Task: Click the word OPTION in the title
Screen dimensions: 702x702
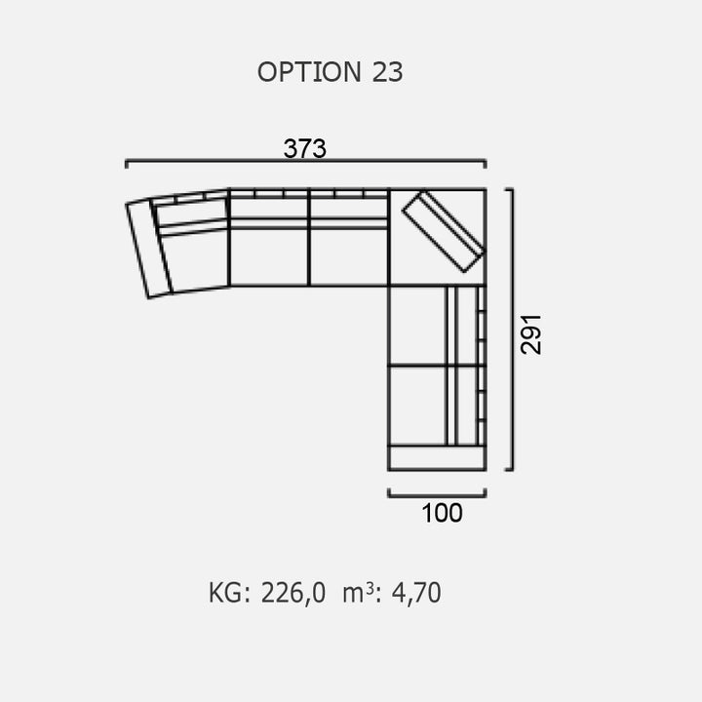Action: pyautogui.click(x=309, y=72)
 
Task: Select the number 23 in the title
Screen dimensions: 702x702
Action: pyautogui.click(x=387, y=72)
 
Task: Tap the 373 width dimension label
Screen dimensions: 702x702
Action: pyautogui.click(x=305, y=148)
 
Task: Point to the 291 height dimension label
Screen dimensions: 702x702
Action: pyautogui.click(x=531, y=334)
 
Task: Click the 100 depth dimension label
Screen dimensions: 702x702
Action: pyautogui.click(x=442, y=513)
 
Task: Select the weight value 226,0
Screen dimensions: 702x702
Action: pyautogui.click(x=293, y=593)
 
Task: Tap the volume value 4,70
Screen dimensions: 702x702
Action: pyautogui.click(x=416, y=593)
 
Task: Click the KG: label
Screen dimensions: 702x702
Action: pyautogui.click(x=229, y=593)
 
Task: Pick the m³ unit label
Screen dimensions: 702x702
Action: pyautogui.click(x=358, y=593)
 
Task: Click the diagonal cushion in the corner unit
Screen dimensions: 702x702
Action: pyautogui.click(x=444, y=231)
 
